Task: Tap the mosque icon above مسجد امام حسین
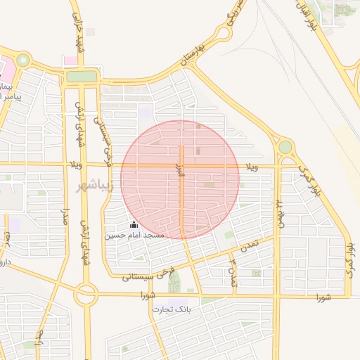134,224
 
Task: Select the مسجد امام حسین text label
134,235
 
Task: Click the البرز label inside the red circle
180,169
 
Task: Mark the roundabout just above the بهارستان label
224,33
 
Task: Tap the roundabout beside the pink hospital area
22,60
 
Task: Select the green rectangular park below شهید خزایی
82,76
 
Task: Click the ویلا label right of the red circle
252,166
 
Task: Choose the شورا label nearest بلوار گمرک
323,297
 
